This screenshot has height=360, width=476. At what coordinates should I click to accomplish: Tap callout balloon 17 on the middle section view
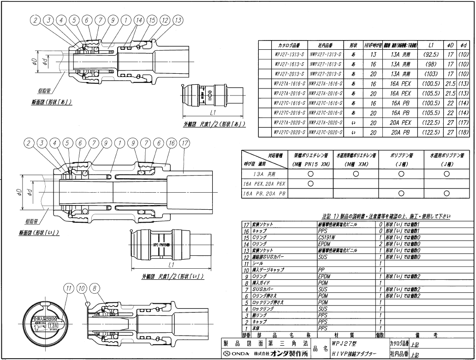[x=184, y=143]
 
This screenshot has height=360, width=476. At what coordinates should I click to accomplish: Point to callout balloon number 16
[x=171, y=143]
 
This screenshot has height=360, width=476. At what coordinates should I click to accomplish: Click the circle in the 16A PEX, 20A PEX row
[x=310, y=183]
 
